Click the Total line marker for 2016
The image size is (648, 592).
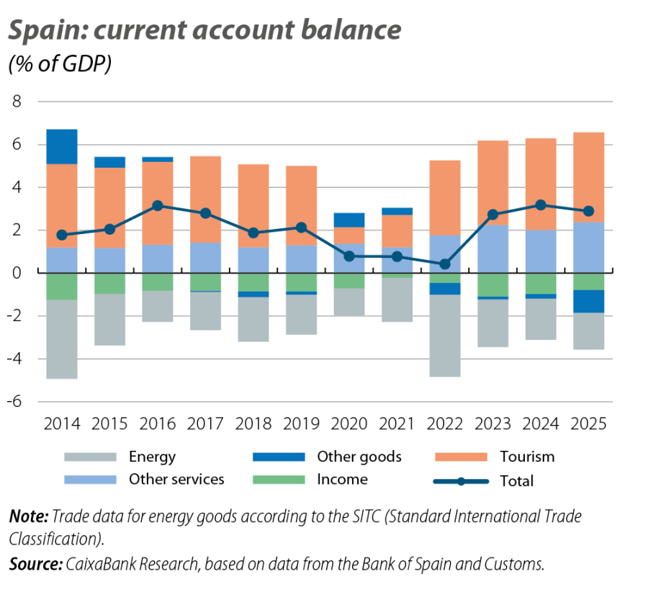pyautogui.click(x=158, y=206)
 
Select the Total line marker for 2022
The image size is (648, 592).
pyautogui.click(x=445, y=264)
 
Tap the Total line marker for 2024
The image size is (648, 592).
pyautogui.click(x=541, y=205)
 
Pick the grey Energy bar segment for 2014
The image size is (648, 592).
pyautogui.click(x=62, y=339)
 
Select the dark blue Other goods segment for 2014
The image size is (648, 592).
pyautogui.click(x=62, y=147)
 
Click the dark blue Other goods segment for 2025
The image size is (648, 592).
pyautogui.click(x=588, y=301)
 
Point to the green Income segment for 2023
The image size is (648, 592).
pyautogui.click(x=492, y=284)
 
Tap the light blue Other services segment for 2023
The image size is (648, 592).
pyautogui.click(x=492, y=249)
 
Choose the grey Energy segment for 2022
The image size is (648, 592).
pyautogui.click(x=445, y=336)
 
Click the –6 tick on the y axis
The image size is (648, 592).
pyautogui.click(x=14, y=401)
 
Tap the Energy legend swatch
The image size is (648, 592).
pyautogui.click(x=89, y=457)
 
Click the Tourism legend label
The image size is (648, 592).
pyautogui.click(x=527, y=457)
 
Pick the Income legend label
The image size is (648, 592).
pyautogui.click(x=342, y=480)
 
